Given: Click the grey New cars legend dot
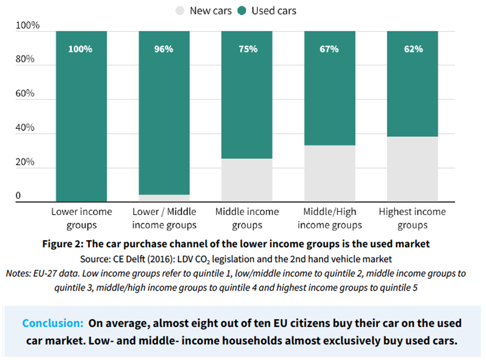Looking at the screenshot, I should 180,11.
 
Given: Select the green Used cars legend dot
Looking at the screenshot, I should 241,11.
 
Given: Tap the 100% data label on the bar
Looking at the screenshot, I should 81,49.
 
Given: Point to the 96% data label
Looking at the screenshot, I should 164,49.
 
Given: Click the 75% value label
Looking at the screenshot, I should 247,49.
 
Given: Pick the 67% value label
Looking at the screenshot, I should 329,49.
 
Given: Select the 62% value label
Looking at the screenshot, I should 413,49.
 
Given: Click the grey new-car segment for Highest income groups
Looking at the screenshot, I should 413,169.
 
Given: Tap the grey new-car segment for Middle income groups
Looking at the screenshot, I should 247,180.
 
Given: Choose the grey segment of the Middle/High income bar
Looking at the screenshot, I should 329,174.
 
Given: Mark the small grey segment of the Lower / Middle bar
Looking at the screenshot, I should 164,198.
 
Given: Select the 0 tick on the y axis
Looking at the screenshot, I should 18,196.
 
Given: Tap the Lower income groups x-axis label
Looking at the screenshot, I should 81,218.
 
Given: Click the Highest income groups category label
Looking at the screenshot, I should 412,218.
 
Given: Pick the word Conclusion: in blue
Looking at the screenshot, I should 52,323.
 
